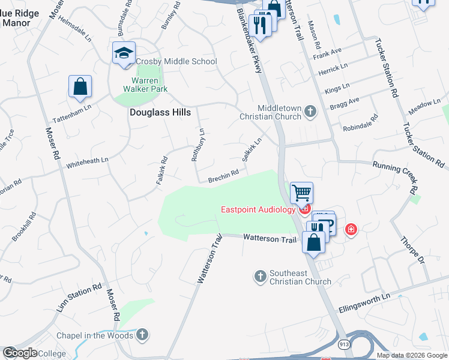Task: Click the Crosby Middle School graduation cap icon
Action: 124,53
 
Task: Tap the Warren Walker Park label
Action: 141,85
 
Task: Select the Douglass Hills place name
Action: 160,112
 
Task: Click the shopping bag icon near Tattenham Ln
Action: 80,87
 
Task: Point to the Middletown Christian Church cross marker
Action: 310,110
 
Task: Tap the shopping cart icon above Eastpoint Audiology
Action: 301,193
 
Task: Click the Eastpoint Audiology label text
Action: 258,209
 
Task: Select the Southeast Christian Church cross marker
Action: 261,276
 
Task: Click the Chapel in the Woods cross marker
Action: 142,334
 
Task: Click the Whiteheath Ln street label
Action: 88,161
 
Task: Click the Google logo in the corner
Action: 19,353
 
